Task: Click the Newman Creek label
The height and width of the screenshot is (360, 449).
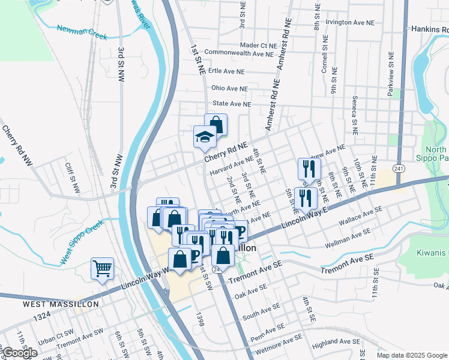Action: tap(82, 32)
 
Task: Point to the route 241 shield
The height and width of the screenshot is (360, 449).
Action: tap(399, 169)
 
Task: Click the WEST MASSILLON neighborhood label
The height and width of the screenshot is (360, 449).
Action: tap(60, 304)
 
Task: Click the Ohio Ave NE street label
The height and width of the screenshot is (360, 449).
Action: tap(229, 88)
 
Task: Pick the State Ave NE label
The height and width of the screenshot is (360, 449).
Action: tap(232, 104)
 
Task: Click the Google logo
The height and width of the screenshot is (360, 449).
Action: tap(20, 353)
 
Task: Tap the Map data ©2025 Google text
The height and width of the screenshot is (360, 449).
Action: tap(412, 355)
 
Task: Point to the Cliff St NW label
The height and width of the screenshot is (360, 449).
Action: tap(73, 178)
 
